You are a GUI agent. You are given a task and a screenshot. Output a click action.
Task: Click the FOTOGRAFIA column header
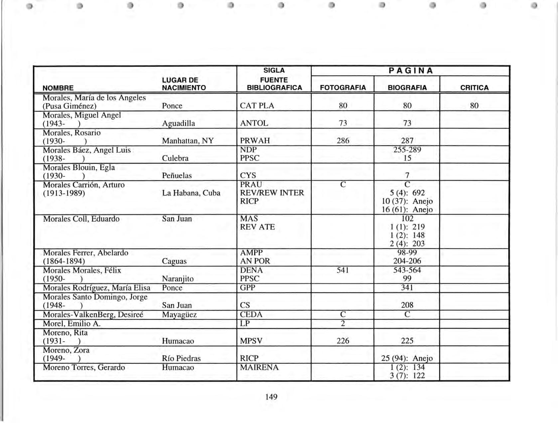coord(343,87)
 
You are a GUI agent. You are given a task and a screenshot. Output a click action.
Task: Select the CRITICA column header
coord(474,87)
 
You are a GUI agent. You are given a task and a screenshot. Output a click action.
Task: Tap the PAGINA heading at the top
coord(411,70)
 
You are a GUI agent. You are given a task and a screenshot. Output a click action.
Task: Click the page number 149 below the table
coord(271,397)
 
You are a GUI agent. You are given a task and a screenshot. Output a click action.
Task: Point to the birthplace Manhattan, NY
coord(188,141)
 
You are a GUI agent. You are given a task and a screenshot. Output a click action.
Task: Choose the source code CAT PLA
coord(257,106)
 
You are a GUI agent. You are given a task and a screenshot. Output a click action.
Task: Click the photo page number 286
coord(343,141)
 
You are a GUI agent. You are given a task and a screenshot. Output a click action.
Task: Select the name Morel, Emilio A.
coord(71,324)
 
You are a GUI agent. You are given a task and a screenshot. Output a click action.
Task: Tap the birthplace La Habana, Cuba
coord(191,193)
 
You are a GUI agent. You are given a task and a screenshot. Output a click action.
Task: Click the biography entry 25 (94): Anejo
coord(407,358)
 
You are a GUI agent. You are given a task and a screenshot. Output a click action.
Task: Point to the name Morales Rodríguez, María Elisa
coord(96,288)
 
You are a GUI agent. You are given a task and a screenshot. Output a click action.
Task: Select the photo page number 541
coord(343,270)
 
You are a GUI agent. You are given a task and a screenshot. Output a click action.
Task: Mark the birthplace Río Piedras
coord(181,358)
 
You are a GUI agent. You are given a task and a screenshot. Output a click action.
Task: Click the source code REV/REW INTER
coord(272,193)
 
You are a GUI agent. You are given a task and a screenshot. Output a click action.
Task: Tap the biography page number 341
coord(407,287)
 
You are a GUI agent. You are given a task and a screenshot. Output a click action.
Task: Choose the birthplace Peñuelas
coord(177,176)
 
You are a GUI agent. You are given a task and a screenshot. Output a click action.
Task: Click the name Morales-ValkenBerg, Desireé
coord(93,314)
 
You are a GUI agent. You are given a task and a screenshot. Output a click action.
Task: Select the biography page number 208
coord(407,305)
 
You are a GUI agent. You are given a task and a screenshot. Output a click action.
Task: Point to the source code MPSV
coord(251,341)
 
